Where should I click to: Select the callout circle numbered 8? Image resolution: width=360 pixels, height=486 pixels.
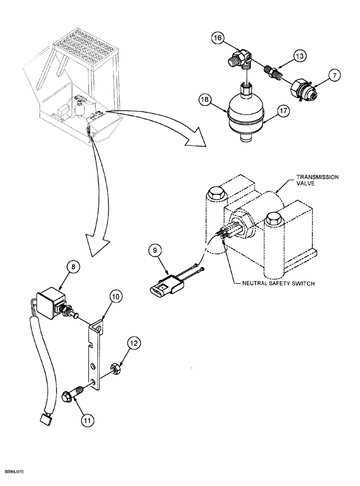tap(72, 267)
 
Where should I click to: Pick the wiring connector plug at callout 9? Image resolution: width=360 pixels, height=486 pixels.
tap(162, 282)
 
